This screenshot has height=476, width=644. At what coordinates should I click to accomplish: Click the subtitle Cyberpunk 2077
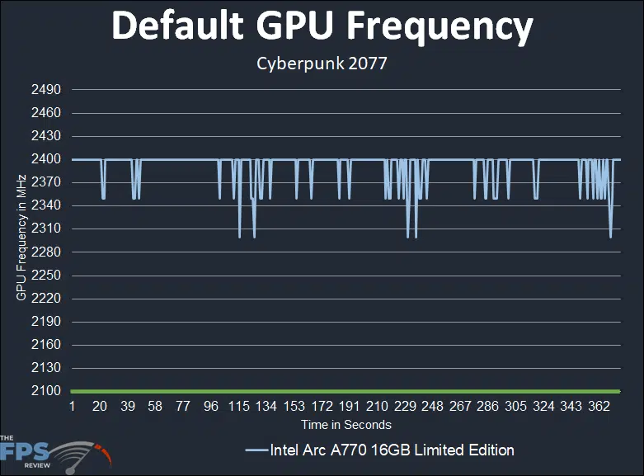[322, 64]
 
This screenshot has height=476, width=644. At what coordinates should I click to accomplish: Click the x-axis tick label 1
[73, 408]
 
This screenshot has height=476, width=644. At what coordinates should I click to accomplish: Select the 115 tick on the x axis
[239, 408]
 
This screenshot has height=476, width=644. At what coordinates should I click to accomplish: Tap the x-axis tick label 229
[405, 408]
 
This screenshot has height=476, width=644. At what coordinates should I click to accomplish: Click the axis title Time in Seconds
[346, 425]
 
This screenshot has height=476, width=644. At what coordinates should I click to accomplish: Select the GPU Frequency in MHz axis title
[21, 238]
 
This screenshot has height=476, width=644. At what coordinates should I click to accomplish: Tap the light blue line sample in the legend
[257, 450]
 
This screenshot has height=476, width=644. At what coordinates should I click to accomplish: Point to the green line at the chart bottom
[346, 391]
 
